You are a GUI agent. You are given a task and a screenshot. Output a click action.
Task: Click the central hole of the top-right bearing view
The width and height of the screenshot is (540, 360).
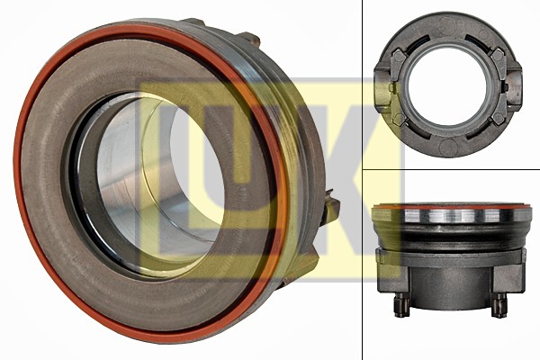click(x=448, y=86)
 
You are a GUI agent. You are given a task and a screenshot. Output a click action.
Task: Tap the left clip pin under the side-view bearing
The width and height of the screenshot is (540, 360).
click(x=401, y=304)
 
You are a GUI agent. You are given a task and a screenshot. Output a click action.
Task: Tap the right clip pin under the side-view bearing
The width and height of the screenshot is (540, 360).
click(x=499, y=304)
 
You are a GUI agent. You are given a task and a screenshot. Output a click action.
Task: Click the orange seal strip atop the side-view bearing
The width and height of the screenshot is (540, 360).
click(x=451, y=207)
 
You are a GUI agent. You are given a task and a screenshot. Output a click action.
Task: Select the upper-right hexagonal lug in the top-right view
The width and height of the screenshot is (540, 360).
click(x=498, y=55)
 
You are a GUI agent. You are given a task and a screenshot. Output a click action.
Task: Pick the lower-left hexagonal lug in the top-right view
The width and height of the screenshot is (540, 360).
click(x=399, y=119)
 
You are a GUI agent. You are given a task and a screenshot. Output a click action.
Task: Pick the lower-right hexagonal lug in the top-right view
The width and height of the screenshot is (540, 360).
click(x=499, y=118)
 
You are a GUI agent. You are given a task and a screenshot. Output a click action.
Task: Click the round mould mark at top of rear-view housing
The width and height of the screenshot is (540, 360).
click(x=447, y=24)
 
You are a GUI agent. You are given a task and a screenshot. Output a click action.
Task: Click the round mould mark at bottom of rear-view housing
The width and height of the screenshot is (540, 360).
click(x=448, y=148)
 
